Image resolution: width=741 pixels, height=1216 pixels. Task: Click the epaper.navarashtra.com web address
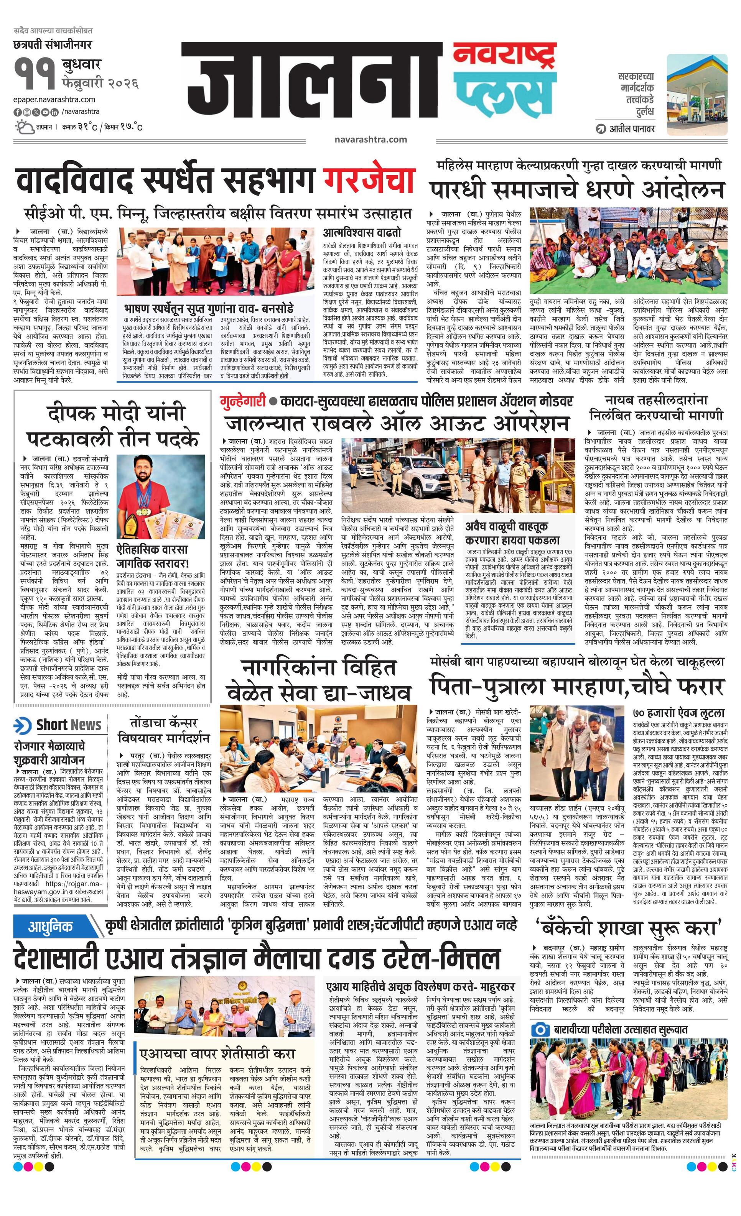click(x=54, y=100)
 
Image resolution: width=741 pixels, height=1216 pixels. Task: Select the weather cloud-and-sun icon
click(x=24, y=127)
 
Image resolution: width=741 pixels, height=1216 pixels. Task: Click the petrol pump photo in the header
click(x=697, y=95)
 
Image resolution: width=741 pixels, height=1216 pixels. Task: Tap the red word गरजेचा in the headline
click(x=368, y=180)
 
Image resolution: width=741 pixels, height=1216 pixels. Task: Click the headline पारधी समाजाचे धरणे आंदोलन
click(x=576, y=189)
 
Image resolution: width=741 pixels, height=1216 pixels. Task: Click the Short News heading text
click(x=69, y=725)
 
